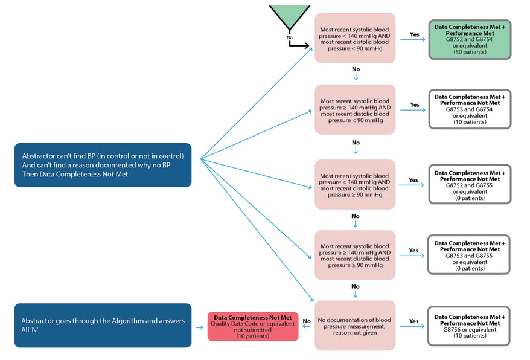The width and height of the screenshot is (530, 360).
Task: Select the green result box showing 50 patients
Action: (469, 40)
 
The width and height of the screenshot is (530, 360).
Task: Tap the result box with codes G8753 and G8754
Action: (469, 109)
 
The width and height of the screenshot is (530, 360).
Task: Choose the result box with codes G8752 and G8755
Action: (469, 184)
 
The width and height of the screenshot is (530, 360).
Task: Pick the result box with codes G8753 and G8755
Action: (469, 255)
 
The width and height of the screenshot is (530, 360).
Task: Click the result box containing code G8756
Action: (469, 326)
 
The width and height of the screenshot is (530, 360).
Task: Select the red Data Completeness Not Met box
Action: (252, 326)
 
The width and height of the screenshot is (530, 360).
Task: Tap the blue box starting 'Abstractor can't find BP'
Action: (103, 165)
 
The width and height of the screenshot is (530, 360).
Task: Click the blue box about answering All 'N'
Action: (103, 325)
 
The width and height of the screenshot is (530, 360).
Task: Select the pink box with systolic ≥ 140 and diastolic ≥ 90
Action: (355, 255)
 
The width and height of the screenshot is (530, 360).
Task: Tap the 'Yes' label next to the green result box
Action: (414, 34)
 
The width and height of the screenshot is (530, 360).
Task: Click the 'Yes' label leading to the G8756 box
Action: (414, 321)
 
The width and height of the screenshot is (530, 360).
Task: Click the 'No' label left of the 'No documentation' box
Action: (307, 321)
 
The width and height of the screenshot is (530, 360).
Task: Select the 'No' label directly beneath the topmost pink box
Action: (355, 69)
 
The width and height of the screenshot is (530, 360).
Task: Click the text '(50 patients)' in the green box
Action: (469, 53)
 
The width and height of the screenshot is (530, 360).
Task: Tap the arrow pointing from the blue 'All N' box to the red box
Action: (199, 327)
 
